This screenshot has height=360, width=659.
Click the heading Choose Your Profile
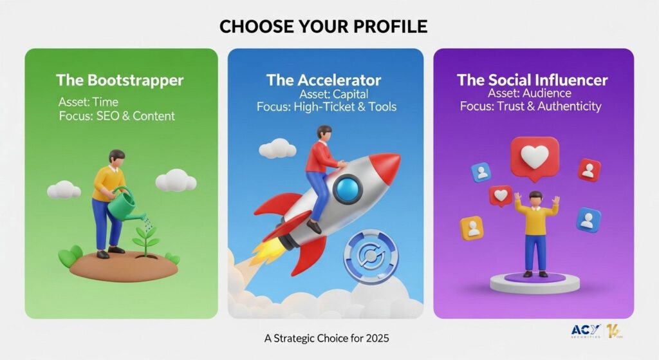click(x=323, y=26)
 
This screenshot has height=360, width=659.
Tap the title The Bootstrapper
click(x=120, y=80)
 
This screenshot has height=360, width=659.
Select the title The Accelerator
click(x=324, y=80)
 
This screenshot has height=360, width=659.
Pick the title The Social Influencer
click(x=532, y=79)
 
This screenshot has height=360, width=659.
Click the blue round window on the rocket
click(x=348, y=190)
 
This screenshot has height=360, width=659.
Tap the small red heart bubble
click(x=501, y=196)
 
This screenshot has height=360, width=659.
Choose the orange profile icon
click(x=472, y=229)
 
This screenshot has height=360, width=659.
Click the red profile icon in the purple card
click(x=589, y=170)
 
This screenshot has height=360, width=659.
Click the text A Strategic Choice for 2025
click(x=326, y=338)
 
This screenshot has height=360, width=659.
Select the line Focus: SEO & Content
click(x=117, y=116)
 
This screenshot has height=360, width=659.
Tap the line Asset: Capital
click(x=334, y=94)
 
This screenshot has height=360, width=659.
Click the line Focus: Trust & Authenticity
click(x=530, y=106)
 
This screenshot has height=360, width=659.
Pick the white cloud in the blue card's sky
click(x=277, y=149)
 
